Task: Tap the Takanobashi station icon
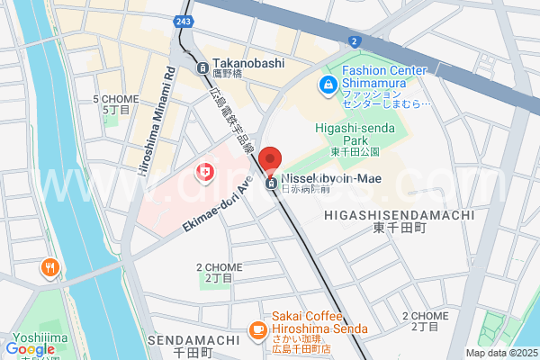pyautogui.click(x=202, y=67)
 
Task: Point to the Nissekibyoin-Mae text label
pyautogui.click(x=330, y=179)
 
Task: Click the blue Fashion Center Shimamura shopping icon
pyautogui.click(x=328, y=85)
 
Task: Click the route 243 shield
pyautogui.click(x=184, y=21)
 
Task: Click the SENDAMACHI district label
pyautogui.click(x=193, y=339)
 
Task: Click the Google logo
pyautogui.click(x=30, y=348)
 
